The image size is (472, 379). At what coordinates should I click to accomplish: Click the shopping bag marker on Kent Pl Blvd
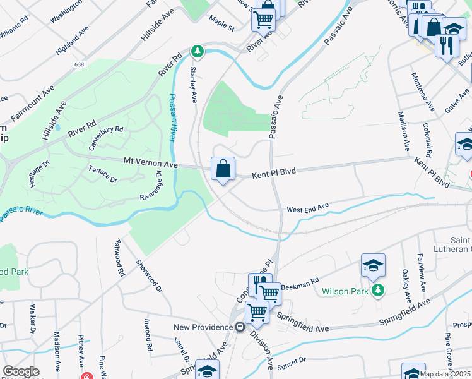click(x=223, y=169)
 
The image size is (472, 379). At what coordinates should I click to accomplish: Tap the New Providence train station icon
click(x=240, y=327)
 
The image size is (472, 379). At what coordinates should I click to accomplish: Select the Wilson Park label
click(x=345, y=291)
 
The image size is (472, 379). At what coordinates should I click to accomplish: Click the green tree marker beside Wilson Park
click(x=377, y=290)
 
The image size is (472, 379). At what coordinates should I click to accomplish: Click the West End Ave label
click(x=308, y=207)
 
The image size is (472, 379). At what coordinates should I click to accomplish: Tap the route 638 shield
click(x=80, y=64)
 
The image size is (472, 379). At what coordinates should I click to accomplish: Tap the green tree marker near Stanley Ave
click(x=198, y=50)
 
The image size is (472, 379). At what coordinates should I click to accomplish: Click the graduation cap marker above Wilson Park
click(x=373, y=265)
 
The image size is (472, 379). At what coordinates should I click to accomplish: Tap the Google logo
click(x=21, y=371)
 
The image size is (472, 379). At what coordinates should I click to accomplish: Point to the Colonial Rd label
click(x=427, y=140)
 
